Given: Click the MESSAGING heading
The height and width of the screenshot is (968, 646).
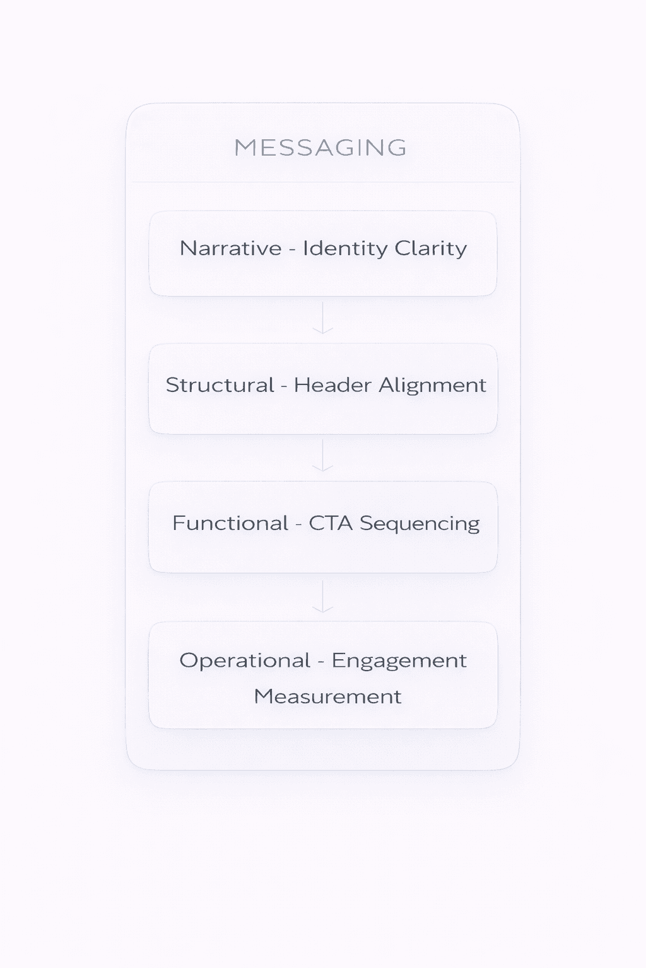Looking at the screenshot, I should click(x=320, y=147).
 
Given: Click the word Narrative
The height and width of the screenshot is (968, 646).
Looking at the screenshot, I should click(x=230, y=248).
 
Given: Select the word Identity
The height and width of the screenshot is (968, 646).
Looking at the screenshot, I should click(x=344, y=248).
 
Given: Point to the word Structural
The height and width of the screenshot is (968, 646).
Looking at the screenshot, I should click(x=220, y=385).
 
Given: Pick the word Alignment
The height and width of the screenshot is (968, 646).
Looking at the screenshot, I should click(x=432, y=386).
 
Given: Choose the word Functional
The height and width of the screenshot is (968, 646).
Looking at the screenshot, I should click(x=230, y=523).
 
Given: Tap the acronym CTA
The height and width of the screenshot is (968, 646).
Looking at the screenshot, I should click(x=331, y=523).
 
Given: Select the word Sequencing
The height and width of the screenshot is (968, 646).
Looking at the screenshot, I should click(x=420, y=524).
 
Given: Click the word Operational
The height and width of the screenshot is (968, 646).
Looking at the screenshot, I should click(x=245, y=660).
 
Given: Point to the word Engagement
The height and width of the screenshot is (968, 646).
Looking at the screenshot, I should click(x=399, y=661).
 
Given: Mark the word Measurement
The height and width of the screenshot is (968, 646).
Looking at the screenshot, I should click(x=327, y=696).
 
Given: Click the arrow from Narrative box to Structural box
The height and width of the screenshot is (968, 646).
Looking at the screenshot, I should click(x=323, y=318).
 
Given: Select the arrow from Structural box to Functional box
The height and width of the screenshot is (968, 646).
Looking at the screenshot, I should click(x=323, y=456).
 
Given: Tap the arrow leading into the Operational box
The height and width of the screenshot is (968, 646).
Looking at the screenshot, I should click(x=323, y=597).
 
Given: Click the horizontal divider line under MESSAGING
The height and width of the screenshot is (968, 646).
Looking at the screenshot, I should click(x=323, y=182).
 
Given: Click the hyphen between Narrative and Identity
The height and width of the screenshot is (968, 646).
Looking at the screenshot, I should click(x=292, y=250).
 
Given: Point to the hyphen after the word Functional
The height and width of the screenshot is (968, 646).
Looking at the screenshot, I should click(x=298, y=524).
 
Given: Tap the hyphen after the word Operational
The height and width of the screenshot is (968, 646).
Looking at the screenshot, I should click(x=321, y=662).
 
